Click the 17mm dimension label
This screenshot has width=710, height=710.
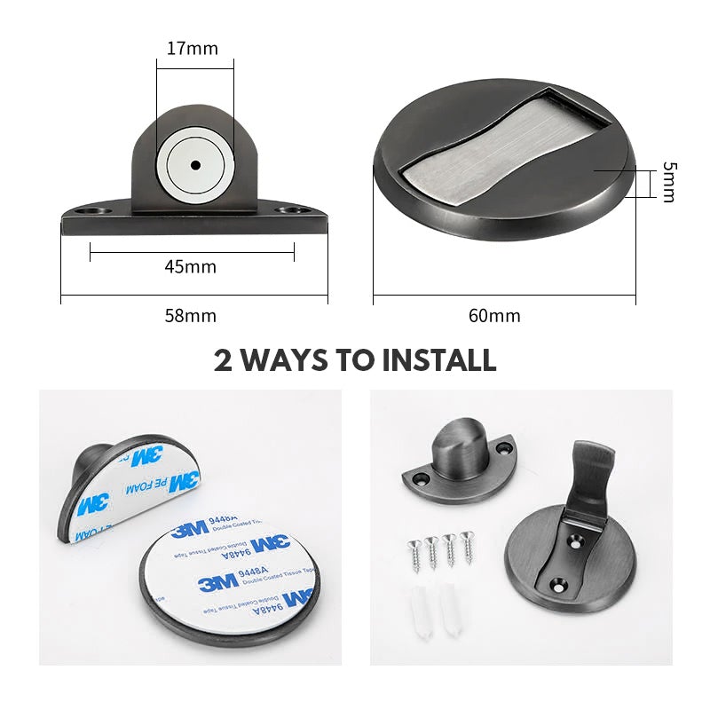pos(192,48)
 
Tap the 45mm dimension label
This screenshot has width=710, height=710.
pos(190,266)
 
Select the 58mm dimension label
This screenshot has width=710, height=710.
pos(190,315)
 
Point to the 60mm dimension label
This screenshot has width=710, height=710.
pos(494,315)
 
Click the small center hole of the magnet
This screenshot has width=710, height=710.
pos(193,165)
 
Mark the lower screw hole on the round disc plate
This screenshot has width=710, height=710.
pos(558,585)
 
